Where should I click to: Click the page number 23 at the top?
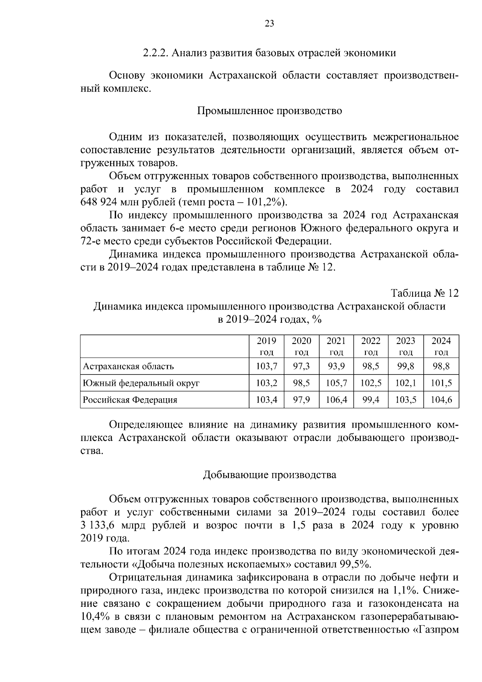point(269,24)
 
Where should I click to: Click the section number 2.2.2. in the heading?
point(156,53)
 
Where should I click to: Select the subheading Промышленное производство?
point(269,111)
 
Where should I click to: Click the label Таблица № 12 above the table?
point(425,293)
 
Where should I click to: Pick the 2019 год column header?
point(266,346)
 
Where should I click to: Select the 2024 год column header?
point(441,346)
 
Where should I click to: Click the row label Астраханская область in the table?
point(128,367)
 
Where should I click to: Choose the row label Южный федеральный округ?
point(141,383)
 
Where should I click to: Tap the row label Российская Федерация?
point(130,400)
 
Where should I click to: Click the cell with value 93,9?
point(336,367)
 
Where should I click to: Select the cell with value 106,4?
point(336,400)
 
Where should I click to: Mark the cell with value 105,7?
point(336,383)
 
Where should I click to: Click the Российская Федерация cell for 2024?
point(441,400)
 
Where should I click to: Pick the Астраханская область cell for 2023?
point(406,367)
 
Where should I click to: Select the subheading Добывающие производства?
point(269,475)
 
